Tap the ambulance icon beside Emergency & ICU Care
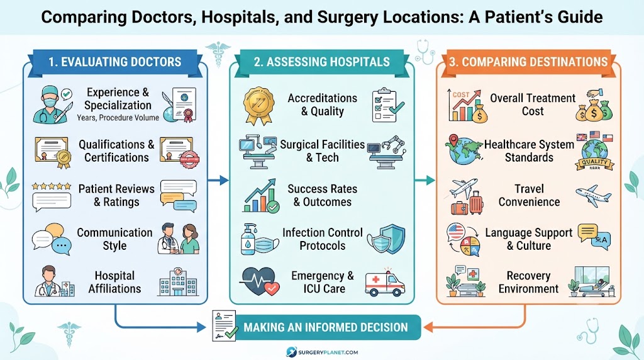click(x=385, y=283)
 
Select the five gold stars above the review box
click(x=52, y=186)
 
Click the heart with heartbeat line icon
click(x=259, y=281)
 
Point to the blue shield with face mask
click(x=386, y=239)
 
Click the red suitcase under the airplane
click(x=475, y=203)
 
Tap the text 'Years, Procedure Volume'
click(x=118, y=118)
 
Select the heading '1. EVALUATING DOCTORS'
click(x=114, y=62)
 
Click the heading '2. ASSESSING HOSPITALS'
click(x=321, y=62)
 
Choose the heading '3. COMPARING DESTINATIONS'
click(x=528, y=62)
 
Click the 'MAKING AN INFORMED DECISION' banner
click(x=326, y=327)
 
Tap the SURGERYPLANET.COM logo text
click(x=328, y=352)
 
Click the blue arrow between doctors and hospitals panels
click(x=218, y=180)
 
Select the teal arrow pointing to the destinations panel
click(x=425, y=180)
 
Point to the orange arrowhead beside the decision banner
click(x=428, y=327)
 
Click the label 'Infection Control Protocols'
click(x=323, y=239)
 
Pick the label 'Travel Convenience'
click(x=529, y=195)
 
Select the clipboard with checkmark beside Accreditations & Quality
click(x=387, y=105)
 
